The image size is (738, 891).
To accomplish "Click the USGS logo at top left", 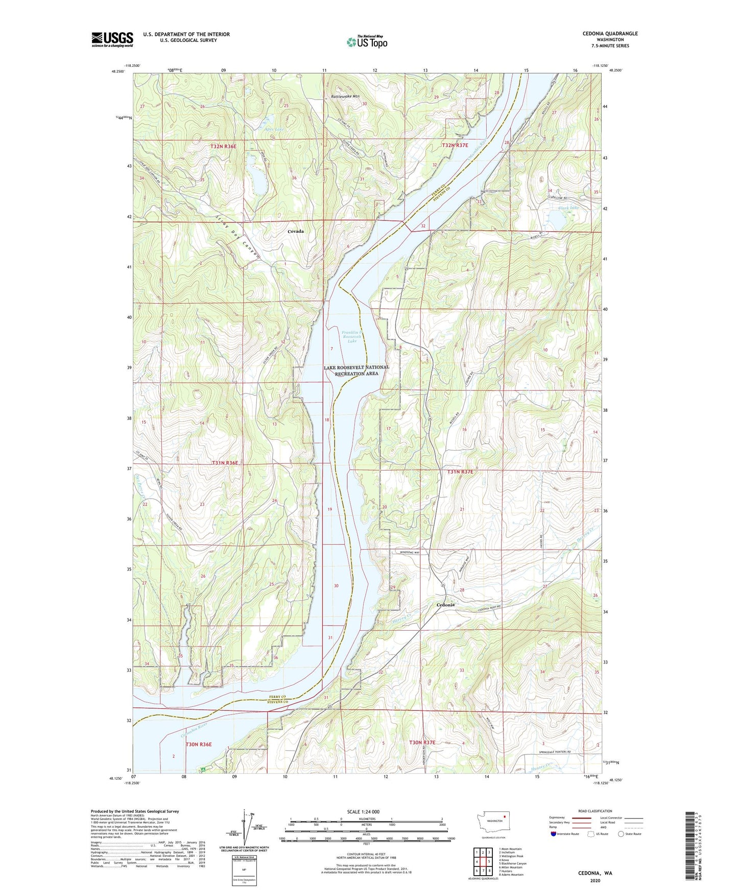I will click(x=112, y=39).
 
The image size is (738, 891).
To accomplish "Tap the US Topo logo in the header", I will click(x=367, y=42).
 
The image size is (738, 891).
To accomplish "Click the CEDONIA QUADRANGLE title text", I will click(x=610, y=34).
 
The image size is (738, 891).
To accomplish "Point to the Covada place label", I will click(x=295, y=231).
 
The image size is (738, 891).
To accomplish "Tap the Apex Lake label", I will click(x=274, y=129).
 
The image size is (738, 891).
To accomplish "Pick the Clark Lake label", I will click(x=568, y=208).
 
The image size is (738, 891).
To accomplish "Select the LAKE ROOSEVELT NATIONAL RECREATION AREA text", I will click(x=356, y=370).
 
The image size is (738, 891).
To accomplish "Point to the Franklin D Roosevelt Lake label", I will click(x=352, y=336).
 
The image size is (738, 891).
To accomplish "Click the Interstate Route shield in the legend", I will click(x=554, y=834).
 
